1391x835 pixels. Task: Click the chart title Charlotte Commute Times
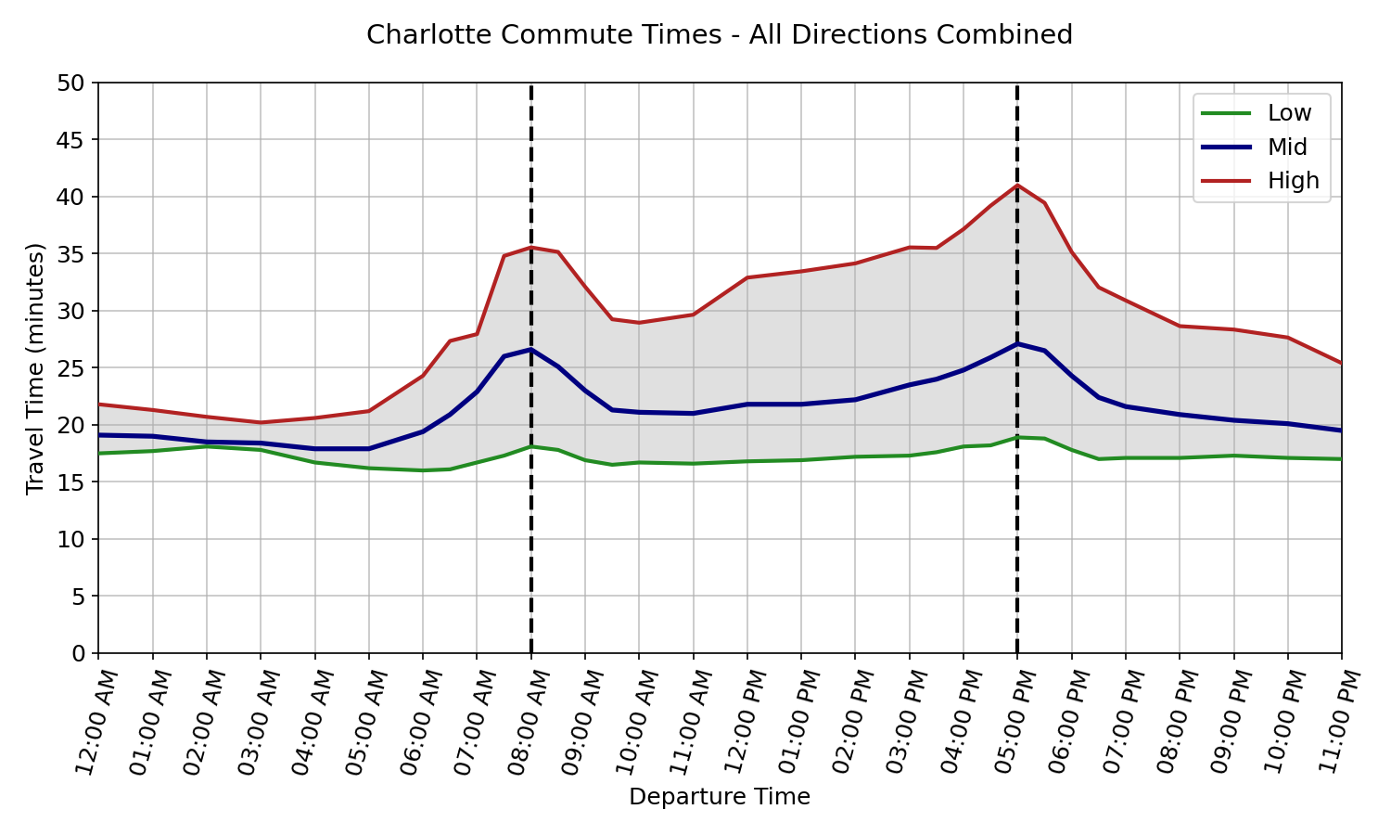719,35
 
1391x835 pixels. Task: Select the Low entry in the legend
1288,113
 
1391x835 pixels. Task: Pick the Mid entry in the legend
1286,147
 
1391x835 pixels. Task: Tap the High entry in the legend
1292,181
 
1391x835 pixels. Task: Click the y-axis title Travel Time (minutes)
35,368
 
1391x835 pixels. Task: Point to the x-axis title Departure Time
719,797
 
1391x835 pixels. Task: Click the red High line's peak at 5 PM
1017,186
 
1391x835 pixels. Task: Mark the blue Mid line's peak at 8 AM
530,350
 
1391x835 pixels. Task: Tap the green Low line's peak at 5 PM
1017,437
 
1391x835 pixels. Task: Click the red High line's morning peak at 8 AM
530,248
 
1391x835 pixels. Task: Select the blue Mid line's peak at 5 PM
1017,344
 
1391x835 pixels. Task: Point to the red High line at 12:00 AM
99,405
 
